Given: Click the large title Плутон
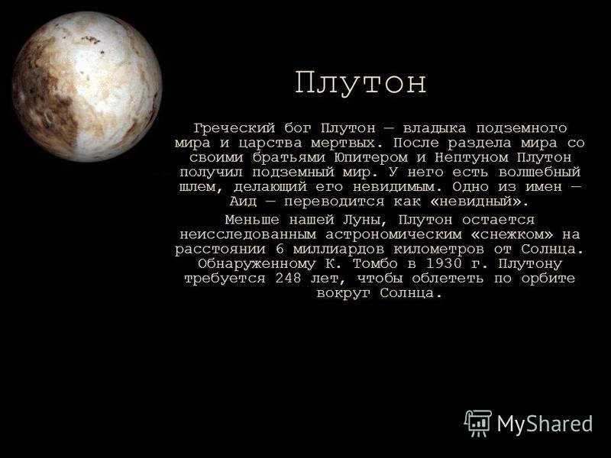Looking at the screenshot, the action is (360, 82).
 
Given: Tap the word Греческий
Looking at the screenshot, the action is (234, 127).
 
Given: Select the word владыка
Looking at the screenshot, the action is (435, 127).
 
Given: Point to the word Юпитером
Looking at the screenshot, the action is (370, 157).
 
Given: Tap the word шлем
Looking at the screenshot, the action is (197, 186).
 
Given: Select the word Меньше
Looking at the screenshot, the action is (252, 220).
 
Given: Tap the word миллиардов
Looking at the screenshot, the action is (339, 249).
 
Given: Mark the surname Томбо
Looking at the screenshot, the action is (375, 263).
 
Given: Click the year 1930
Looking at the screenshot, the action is (443, 263).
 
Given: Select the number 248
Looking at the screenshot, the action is (288, 278).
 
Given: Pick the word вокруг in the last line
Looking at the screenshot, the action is (343, 293).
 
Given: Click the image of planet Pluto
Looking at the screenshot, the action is (87, 86).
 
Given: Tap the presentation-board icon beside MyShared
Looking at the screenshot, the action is (478, 424).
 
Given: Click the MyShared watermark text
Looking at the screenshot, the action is (545, 424).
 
